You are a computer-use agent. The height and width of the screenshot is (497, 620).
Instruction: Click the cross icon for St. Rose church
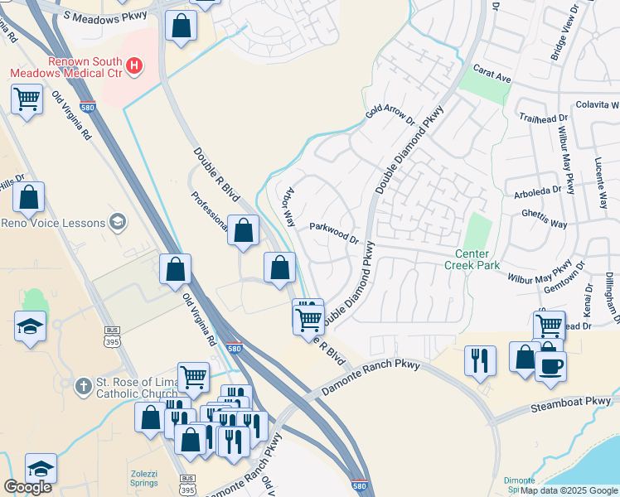tap(82, 386)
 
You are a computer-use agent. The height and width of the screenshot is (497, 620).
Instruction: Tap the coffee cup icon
tap(550, 365)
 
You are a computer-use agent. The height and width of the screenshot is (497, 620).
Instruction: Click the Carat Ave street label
tap(492, 75)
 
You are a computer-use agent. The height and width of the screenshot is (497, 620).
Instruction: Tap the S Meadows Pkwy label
tap(98, 17)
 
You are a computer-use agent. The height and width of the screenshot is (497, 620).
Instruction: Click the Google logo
tap(27, 487)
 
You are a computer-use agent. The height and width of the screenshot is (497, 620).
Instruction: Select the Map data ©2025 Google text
tap(569, 490)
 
